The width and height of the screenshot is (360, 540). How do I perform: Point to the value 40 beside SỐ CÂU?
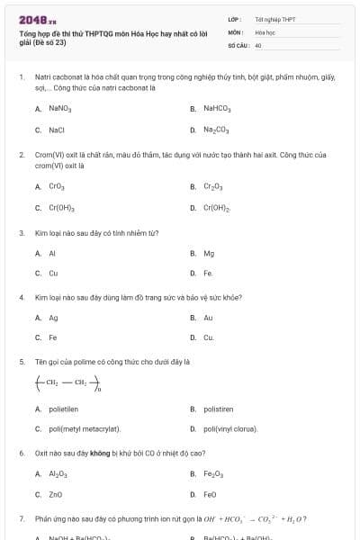258,44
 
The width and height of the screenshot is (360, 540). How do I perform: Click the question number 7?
22,518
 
